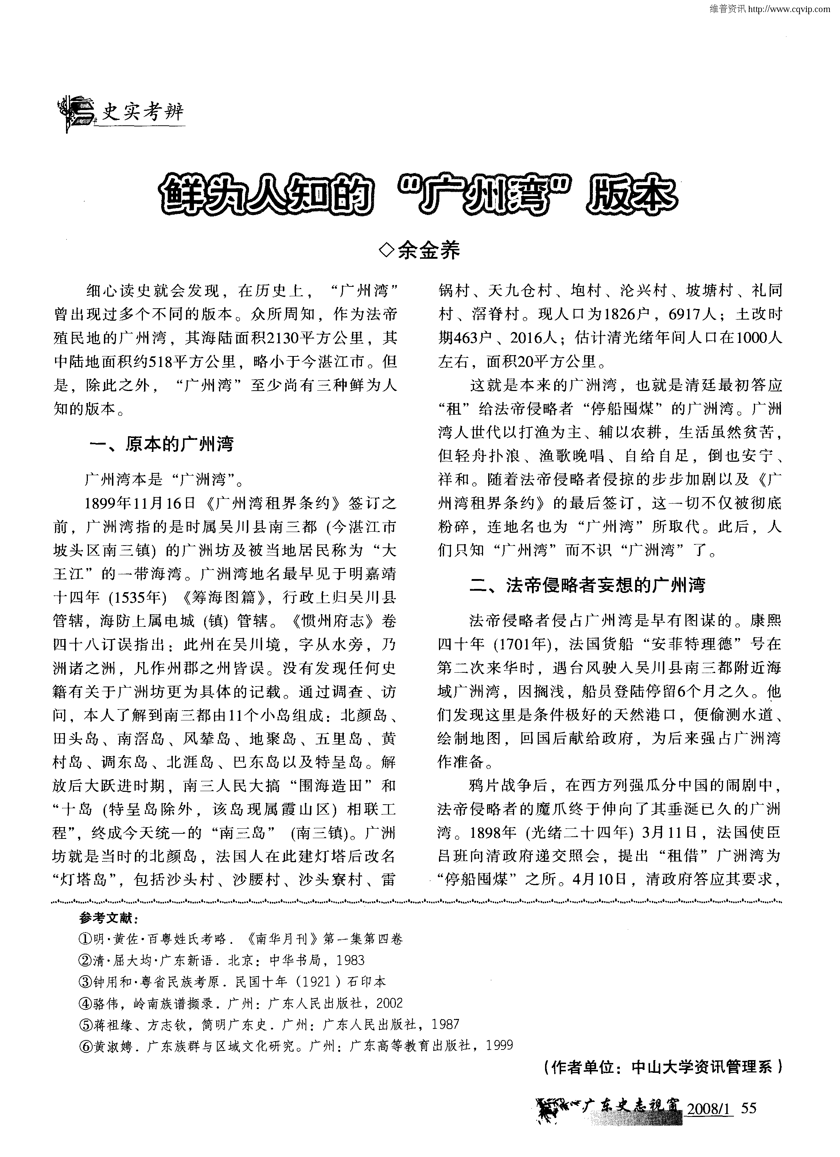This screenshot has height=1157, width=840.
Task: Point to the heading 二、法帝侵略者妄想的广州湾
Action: click(587, 585)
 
